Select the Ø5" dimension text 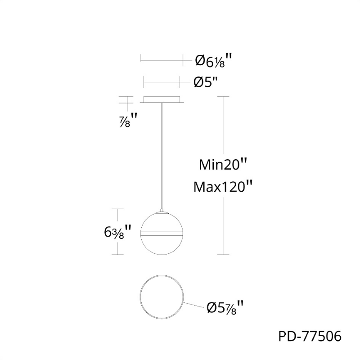206,82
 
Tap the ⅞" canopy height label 128,120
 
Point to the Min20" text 223,165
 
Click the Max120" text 223,187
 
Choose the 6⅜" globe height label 117,232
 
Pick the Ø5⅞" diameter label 225,307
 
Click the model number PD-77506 310,337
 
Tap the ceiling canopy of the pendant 162,99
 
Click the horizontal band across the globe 162,234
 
